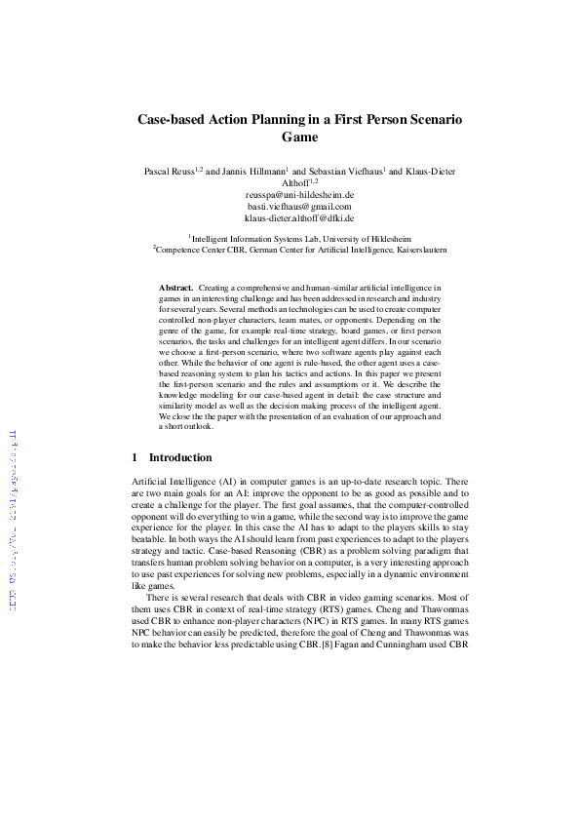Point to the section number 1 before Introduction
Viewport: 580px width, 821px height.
[135, 457]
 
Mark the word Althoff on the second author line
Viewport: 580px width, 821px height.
[293, 183]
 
